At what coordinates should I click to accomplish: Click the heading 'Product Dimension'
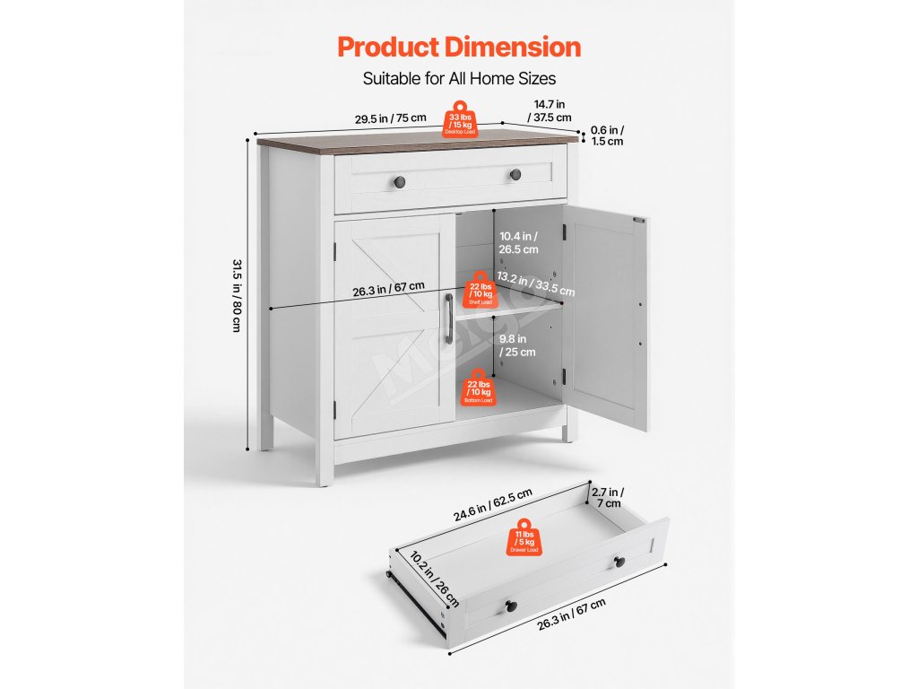coord(459,47)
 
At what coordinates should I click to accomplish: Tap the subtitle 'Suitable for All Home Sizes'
coord(459,78)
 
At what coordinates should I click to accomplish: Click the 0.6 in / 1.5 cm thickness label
coord(608,135)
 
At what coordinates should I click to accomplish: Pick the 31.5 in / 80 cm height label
coord(237,295)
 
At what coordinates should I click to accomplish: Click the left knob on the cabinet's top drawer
coord(400,181)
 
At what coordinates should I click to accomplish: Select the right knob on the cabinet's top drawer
coord(515,174)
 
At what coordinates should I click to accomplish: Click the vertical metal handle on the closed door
coord(448,318)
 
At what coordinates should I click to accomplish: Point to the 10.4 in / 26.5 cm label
coord(519,243)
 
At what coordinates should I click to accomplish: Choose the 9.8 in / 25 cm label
coord(517,345)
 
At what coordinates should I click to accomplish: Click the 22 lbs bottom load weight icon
coord(478,389)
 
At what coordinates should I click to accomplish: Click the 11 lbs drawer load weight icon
coord(524,536)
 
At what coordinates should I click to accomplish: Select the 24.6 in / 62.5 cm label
coord(492,504)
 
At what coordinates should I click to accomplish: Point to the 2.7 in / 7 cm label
coord(609,498)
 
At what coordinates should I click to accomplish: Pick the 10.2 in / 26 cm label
coord(433,578)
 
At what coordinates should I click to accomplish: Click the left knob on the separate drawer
coord(511,605)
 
